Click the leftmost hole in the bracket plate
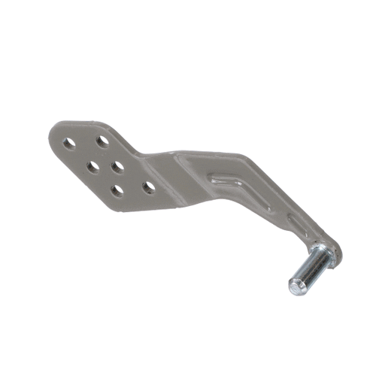(70, 143)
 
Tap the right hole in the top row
(102, 140)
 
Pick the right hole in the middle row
(119, 164)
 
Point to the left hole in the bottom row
(117, 190)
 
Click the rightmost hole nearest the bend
(150, 185)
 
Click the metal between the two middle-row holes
(106, 165)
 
